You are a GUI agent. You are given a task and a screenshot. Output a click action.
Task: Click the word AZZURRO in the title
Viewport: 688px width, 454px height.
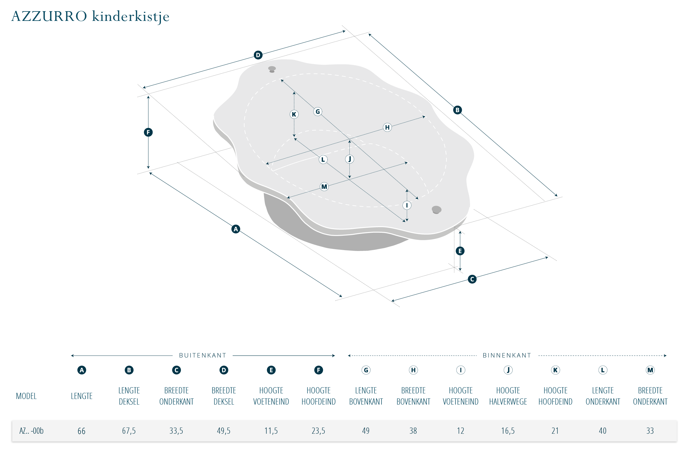point(49,16)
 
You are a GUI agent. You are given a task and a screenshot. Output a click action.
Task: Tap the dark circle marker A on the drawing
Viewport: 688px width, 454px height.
point(236,229)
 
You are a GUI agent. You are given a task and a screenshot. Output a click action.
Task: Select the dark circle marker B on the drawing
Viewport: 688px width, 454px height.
point(457,110)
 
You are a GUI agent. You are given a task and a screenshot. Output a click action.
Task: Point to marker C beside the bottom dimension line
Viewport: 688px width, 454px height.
point(472,279)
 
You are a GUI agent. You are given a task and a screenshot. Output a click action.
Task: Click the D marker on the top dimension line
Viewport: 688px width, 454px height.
point(258,55)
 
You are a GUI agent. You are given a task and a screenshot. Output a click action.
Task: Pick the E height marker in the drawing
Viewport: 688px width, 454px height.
point(460,251)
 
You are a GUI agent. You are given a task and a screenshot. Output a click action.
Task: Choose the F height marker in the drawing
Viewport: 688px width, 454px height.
point(148,132)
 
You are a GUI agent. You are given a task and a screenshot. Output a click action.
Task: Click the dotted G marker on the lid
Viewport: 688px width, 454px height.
point(318,112)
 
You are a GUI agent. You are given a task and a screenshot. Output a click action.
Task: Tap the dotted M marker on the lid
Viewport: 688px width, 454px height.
point(324,187)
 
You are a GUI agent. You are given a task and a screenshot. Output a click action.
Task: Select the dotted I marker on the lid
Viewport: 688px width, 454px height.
point(407,205)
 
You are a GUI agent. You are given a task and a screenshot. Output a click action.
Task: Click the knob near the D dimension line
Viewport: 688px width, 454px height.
point(272,69)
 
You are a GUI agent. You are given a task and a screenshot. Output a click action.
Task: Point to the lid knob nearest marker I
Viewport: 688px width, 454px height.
point(437,210)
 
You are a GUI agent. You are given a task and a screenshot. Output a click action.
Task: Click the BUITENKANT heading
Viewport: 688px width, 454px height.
point(203,355)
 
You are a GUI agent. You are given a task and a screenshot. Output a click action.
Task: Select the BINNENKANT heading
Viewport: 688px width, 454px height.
point(507,355)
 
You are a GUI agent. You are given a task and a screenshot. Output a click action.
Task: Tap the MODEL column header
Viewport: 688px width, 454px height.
point(26,396)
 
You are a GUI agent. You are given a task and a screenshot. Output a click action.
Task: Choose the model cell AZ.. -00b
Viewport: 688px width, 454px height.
point(31,431)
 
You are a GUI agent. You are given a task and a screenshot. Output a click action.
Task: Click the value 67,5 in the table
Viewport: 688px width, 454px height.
point(129,431)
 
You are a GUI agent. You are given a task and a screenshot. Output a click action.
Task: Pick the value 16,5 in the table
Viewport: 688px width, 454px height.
point(508,431)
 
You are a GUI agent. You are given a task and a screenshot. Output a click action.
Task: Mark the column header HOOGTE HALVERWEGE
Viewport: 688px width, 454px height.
point(508,396)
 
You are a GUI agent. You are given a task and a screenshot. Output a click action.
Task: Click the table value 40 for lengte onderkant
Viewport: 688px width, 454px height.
point(603,431)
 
